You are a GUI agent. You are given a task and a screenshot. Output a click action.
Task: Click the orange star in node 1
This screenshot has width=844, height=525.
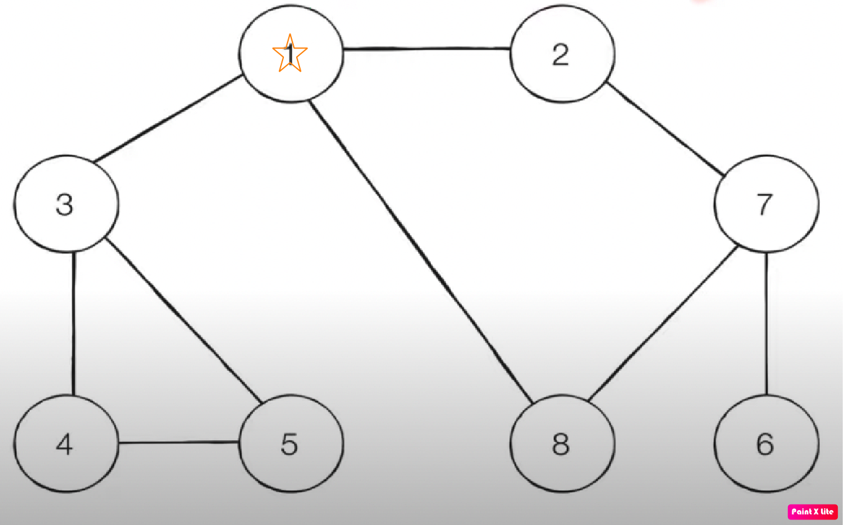coord(290,54)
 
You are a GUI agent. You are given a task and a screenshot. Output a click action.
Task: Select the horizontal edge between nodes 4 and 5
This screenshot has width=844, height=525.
coord(179,443)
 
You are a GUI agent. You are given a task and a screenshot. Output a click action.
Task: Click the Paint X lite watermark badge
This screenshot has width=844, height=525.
coord(812,511)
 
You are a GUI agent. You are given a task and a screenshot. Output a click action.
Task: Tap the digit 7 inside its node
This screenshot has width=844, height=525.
coord(765,204)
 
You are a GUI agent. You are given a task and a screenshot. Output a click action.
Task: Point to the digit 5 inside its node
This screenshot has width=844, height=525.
coord(289,444)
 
